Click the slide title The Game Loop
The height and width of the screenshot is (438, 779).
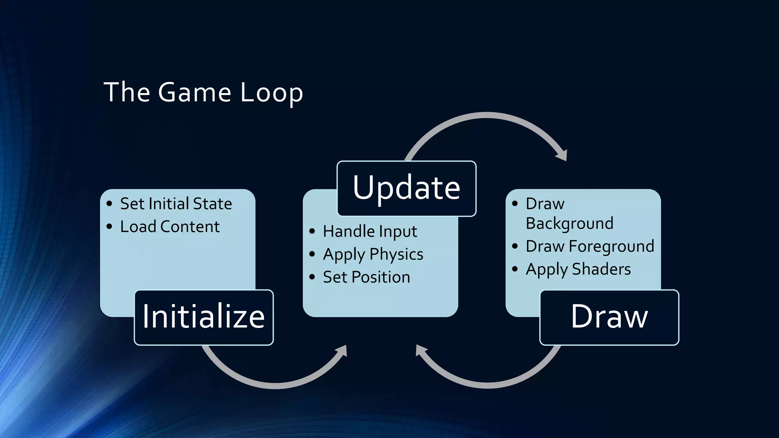(203, 92)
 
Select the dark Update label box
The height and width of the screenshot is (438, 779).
(406, 189)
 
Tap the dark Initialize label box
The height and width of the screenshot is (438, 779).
(203, 317)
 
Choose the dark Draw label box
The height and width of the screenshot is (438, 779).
(609, 317)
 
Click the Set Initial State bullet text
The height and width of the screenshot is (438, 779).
(176, 204)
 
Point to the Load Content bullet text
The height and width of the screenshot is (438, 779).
(170, 227)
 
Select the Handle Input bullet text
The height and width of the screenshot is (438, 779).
(370, 232)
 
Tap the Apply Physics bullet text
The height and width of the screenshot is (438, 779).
(373, 254)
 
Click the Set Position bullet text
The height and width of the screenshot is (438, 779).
(366, 277)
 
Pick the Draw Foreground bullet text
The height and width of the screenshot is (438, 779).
(590, 246)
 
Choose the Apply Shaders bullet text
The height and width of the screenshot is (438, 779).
(578, 269)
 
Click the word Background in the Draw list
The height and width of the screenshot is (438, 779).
(569, 223)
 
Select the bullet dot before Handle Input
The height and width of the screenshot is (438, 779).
(312, 231)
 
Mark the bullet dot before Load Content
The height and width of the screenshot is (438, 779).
(110, 227)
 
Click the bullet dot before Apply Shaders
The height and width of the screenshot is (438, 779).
(515, 269)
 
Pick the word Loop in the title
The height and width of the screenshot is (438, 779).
(272, 92)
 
